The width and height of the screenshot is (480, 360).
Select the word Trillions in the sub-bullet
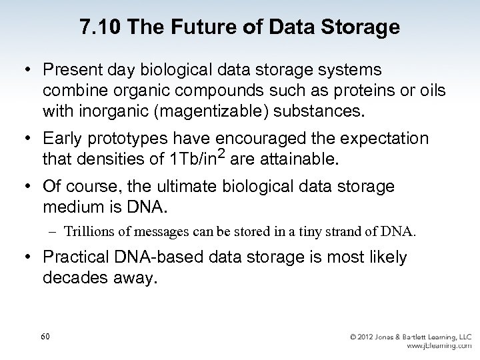click(x=91, y=233)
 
